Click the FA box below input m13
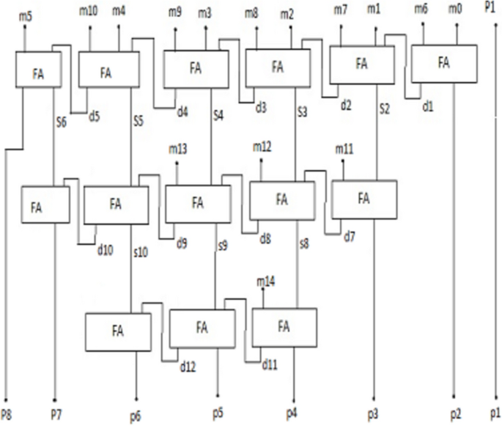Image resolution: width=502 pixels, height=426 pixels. tap(198, 203)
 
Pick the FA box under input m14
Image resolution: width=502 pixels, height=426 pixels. tap(284, 327)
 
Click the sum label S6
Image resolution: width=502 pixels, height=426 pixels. tap(63, 122)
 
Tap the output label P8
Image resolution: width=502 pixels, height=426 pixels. tap(7, 411)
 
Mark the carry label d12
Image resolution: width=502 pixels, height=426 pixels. tap(188, 366)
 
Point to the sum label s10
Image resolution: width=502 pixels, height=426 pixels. tap(141, 252)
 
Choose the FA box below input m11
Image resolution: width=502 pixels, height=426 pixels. tap(363, 199)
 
